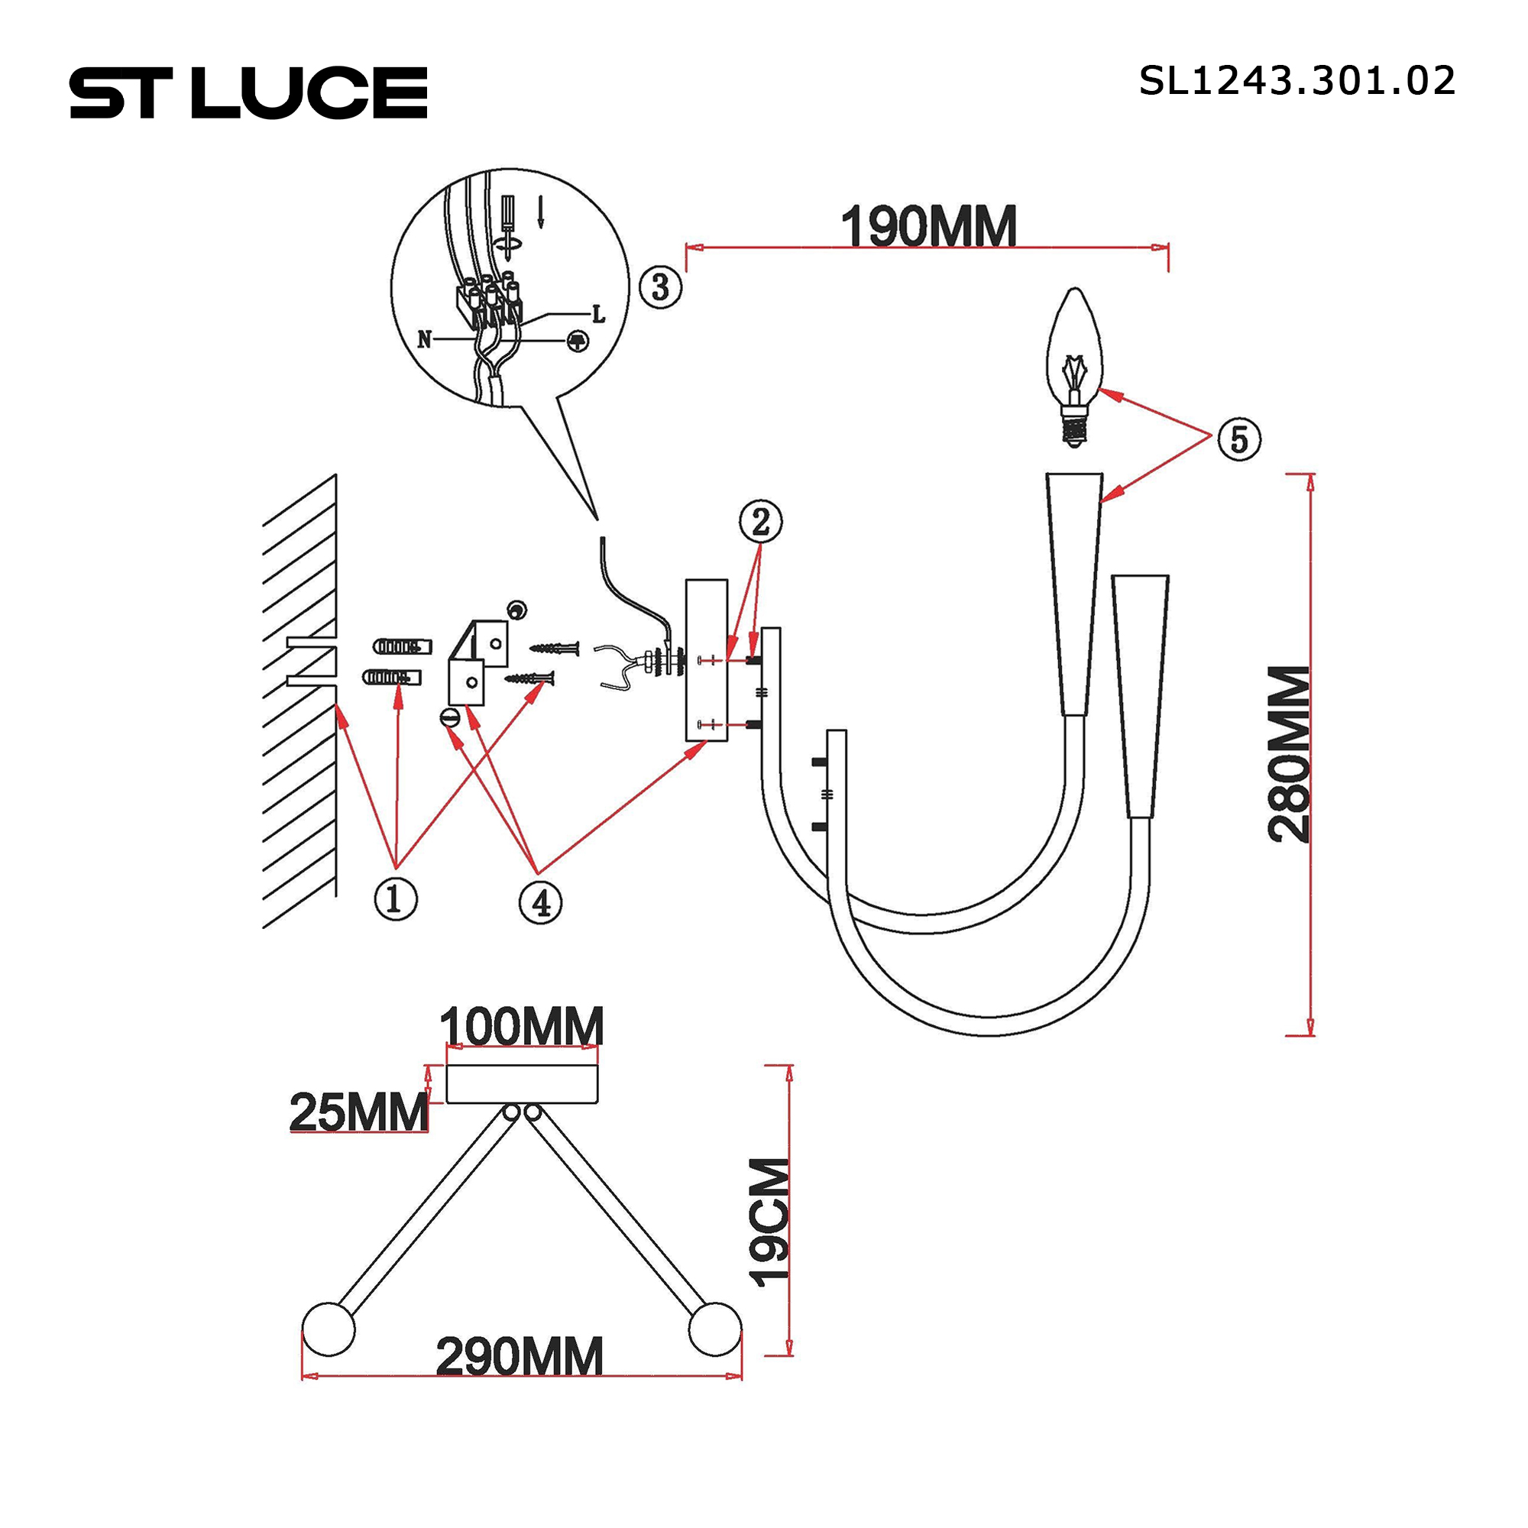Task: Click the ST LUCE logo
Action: [x=248, y=93]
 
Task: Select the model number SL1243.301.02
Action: [x=1297, y=82]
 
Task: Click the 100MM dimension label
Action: [x=521, y=1028]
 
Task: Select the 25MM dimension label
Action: [x=358, y=1112]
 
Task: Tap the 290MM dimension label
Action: [x=520, y=1357]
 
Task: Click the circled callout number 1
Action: [x=396, y=899]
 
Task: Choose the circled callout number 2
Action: [x=760, y=522]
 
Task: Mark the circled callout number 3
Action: [x=659, y=286]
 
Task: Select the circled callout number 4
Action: [x=540, y=902]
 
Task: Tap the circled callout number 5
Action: [x=1238, y=439]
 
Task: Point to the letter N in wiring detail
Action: [x=425, y=340]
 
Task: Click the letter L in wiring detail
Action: [x=599, y=315]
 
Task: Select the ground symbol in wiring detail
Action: [x=578, y=341]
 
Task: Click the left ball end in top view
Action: [x=329, y=1329]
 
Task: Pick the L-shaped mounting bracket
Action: [x=477, y=662]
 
